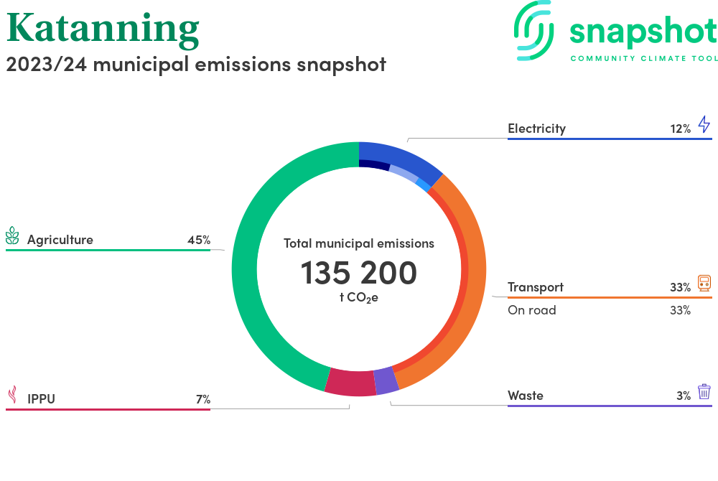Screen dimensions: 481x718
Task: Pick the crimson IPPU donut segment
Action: pyautogui.click(x=350, y=382)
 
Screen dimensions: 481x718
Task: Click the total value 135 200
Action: pyautogui.click(x=358, y=274)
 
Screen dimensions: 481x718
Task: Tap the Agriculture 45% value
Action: pyautogui.click(x=198, y=240)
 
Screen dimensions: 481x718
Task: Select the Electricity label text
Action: pyautogui.click(x=536, y=129)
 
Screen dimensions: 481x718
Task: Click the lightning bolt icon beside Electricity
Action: pyautogui.click(x=704, y=125)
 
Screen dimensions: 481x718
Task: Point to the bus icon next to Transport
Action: pyautogui.click(x=704, y=283)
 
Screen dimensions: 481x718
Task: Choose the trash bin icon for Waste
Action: pyautogui.click(x=704, y=391)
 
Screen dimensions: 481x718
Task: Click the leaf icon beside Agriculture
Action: pyautogui.click(x=12, y=236)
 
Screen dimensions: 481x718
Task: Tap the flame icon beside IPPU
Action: pyautogui.click(x=12, y=395)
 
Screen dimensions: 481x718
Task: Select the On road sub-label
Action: pyautogui.click(x=531, y=310)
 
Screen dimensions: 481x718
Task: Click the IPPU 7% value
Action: pyautogui.click(x=202, y=399)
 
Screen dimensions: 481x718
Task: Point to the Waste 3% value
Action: pyautogui.click(x=683, y=396)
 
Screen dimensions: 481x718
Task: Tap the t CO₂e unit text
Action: pyautogui.click(x=358, y=297)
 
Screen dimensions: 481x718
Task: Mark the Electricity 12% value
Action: pyautogui.click(x=680, y=129)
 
